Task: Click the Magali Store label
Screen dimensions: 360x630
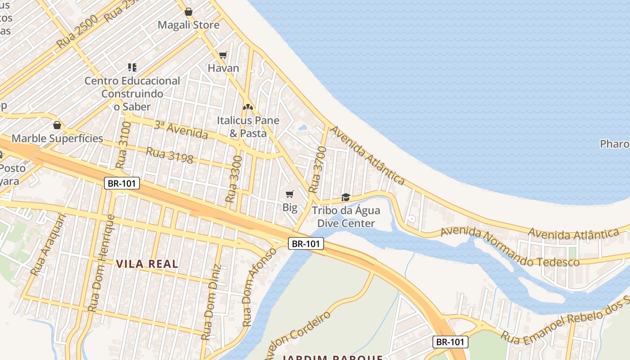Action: click(189, 25)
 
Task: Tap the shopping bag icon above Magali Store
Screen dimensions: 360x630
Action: click(189, 12)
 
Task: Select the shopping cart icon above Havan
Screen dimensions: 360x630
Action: click(223, 55)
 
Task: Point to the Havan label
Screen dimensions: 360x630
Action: click(223, 68)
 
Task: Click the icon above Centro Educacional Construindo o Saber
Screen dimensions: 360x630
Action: click(132, 67)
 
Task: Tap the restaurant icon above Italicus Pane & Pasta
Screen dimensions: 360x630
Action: click(248, 107)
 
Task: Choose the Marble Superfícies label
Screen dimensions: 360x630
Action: click(57, 138)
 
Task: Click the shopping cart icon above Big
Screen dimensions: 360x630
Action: click(290, 194)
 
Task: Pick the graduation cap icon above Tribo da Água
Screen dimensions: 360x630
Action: click(346, 197)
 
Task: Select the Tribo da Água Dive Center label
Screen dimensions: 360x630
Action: click(346, 216)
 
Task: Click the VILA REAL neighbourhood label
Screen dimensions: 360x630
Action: click(147, 264)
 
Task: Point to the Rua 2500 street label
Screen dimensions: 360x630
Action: click(77, 32)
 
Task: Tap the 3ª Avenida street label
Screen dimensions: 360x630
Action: click(181, 130)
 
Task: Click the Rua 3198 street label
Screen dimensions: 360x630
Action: click(170, 155)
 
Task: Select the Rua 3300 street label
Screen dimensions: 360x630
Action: click(234, 179)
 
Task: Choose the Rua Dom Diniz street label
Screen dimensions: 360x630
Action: click(211, 302)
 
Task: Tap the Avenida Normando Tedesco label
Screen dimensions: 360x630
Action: click(509, 247)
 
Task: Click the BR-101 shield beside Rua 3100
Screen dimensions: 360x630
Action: click(122, 183)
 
